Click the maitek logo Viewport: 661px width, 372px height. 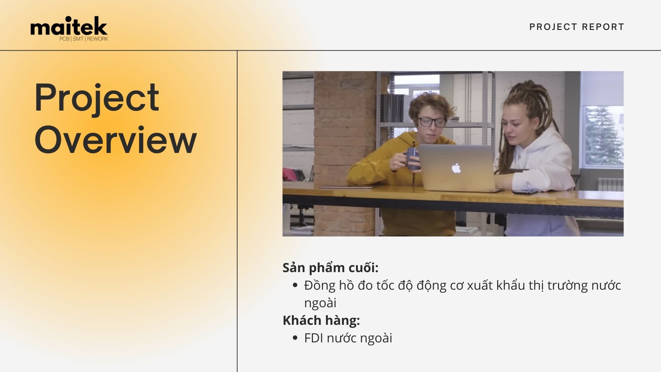69,29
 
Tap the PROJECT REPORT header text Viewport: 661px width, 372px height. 577,27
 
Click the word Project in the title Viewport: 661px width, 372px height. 97,98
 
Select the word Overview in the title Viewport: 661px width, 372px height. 116,139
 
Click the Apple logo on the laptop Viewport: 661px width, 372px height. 456,168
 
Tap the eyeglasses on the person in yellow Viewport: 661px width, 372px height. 432,122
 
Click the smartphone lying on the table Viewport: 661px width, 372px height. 525,192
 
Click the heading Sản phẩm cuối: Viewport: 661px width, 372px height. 330,268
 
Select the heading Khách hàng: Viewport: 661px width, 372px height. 321,320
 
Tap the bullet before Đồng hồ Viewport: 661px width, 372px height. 295,285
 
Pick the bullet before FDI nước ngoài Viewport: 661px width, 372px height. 295,338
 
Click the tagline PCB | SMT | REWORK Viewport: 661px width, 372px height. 84,39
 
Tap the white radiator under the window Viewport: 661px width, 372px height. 610,184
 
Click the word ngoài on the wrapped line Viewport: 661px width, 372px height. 320,303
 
